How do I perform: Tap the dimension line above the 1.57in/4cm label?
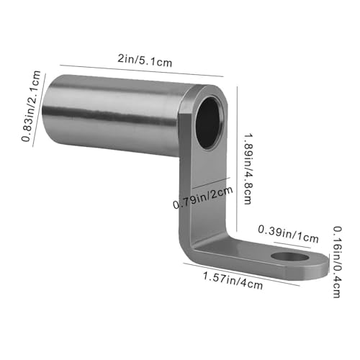click(x=241, y=273)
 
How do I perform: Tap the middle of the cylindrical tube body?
click(x=115, y=115)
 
